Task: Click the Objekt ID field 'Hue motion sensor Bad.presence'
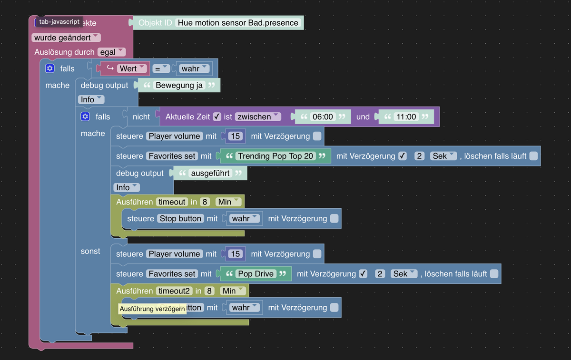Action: (238, 23)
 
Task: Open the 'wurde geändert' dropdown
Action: (66, 38)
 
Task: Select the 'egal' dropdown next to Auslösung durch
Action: (111, 52)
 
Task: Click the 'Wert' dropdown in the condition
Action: (132, 68)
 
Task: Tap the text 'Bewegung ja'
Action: (179, 86)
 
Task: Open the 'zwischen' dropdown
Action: (257, 117)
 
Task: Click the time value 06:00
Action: (322, 117)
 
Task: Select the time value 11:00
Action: (406, 117)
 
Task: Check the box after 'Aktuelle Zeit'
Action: (217, 117)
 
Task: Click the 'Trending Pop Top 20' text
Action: (276, 156)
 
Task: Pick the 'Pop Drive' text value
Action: (256, 274)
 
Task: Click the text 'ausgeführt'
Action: (210, 173)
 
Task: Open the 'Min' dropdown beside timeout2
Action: (233, 291)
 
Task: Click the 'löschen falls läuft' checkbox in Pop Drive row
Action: (494, 274)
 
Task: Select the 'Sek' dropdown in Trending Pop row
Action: (443, 156)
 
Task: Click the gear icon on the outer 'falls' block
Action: (50, 68)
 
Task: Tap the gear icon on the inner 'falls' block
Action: (85, 117)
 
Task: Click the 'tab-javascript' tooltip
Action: (59, 22)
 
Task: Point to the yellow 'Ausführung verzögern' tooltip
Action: (152, 309)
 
